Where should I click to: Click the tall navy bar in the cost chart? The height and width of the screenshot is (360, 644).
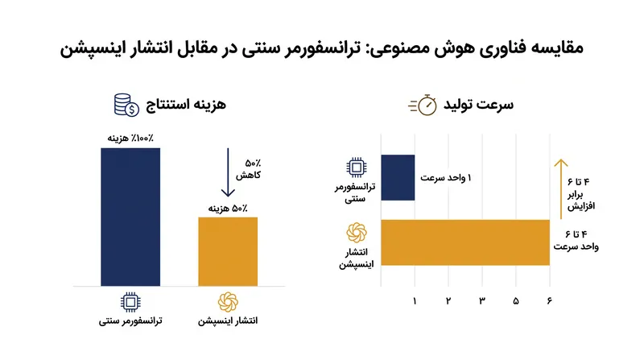[130, 217]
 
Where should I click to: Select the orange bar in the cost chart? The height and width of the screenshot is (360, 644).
[228, 251]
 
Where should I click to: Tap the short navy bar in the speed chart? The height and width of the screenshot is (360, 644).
[398, 177]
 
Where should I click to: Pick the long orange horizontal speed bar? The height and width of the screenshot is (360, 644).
[465, 242]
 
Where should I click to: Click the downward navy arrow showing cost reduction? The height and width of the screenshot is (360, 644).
[228, 172]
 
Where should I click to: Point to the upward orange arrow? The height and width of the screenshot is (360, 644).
[560, 189]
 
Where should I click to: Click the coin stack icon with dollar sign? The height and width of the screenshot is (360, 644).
[126, 106]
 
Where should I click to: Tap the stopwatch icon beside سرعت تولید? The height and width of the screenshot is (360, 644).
[423, 106]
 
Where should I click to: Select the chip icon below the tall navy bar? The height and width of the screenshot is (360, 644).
[130, 303]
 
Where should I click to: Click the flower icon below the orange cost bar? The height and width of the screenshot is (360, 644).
[228, 303]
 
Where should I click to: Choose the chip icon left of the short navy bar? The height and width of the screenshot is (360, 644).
[357, 168]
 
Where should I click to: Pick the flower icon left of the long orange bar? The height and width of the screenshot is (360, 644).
[357, 233]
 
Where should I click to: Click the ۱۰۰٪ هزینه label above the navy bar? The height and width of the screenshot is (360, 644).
[130, 139]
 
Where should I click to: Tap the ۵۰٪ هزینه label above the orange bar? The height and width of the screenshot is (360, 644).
[228, 209]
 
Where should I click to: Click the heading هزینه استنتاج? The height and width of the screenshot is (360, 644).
[186, 105]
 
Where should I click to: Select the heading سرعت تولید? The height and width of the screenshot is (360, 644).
[478, 105]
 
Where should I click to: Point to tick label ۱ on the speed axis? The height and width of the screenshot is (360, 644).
[415, 301]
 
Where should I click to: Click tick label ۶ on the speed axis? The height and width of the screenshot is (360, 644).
[550, 301]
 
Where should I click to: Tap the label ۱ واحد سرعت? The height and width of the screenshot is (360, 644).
[446, 178]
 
